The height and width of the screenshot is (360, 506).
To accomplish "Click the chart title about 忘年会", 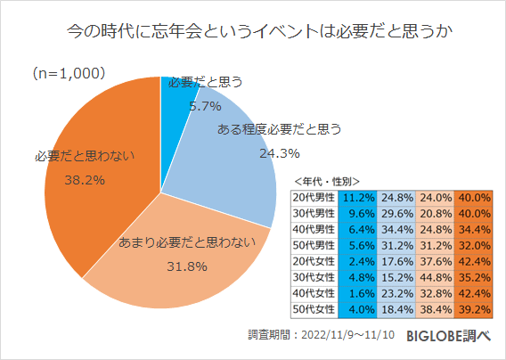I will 253,34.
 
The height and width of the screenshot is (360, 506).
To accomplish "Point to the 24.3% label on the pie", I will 253,153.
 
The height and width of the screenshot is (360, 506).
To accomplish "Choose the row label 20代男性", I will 314,197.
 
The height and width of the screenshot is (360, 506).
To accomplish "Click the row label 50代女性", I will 314,309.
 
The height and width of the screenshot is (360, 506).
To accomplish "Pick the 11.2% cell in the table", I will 356,197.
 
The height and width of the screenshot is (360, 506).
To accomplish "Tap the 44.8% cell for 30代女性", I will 435,277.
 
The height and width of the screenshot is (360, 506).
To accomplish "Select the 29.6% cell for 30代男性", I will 395,213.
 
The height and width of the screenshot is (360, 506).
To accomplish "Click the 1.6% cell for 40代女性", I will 356,293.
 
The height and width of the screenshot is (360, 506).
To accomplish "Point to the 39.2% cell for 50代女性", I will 474,309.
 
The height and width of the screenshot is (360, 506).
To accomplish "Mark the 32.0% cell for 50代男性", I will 474,245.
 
